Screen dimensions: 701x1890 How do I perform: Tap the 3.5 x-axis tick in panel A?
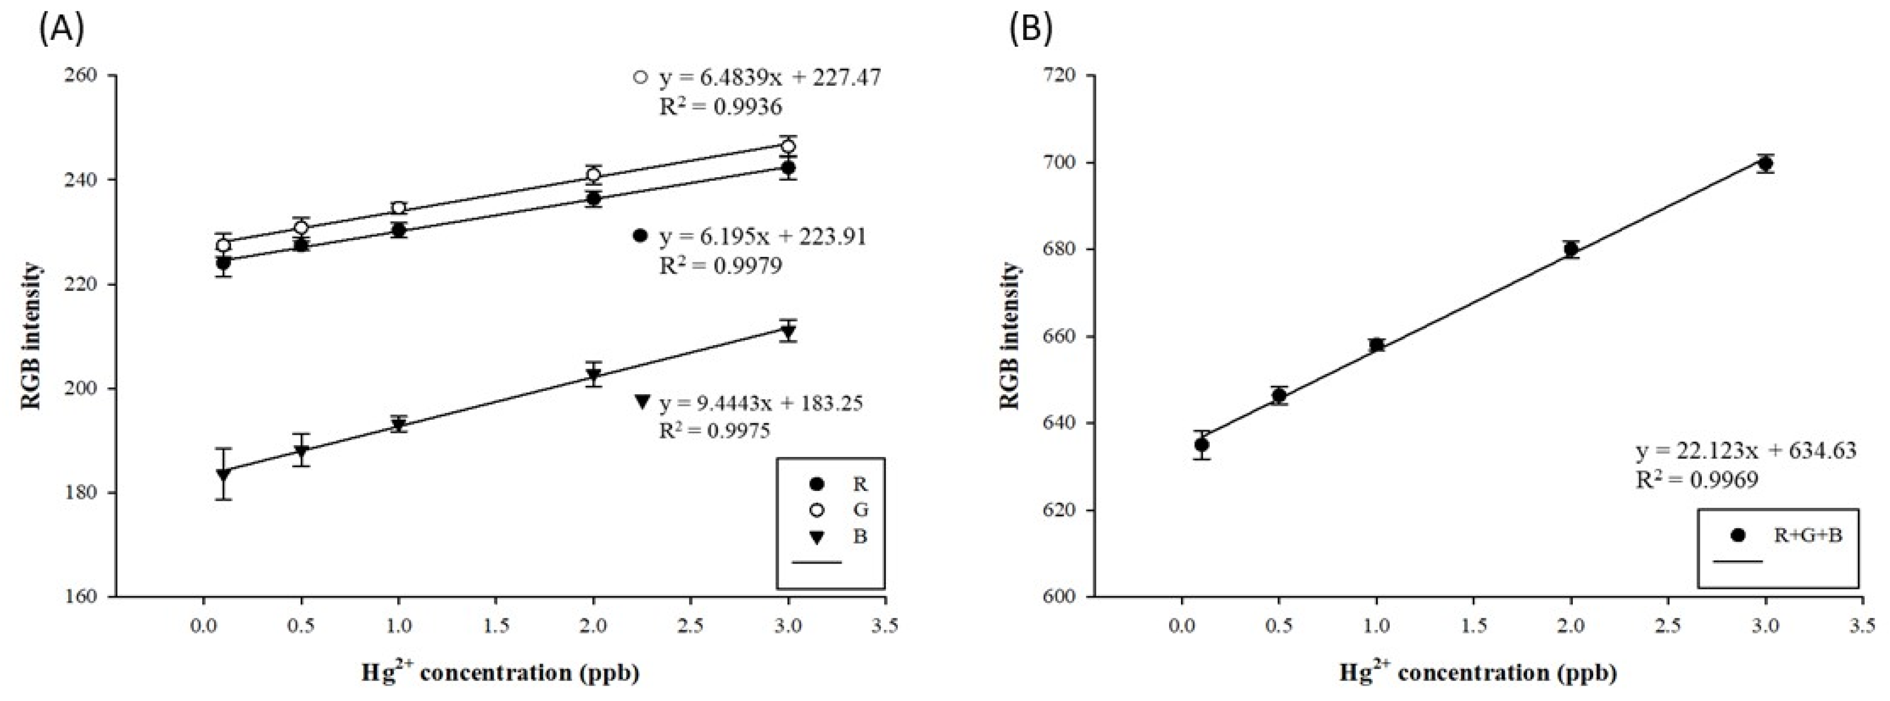click(x=885, y=626)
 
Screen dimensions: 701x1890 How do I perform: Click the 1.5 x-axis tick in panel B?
click(x=1473, y=626)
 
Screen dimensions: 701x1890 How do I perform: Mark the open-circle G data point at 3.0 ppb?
click(x=788, y=146)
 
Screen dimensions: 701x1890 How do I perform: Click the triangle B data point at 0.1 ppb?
click(x=224, y=474)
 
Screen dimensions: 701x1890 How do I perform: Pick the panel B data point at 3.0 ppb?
click(x=1765, y=164)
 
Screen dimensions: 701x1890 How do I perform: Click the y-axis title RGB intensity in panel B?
click(x=1012, y=336)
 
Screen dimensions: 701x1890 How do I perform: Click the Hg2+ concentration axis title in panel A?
click(x=500, y=673)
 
